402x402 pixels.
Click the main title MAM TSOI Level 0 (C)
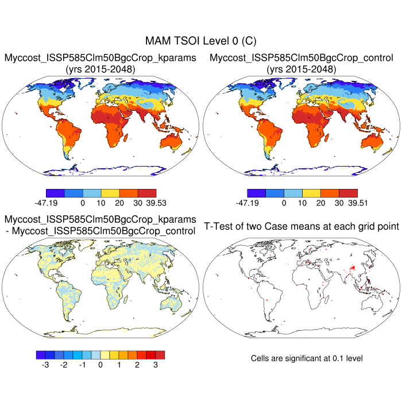point(200,41)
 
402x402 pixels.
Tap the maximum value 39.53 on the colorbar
point(145,203)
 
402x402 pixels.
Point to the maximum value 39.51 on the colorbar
point(346,203)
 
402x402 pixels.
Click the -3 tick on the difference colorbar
point(45,365)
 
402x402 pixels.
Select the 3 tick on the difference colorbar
point(155,365)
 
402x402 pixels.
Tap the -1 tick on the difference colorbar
point(82,365)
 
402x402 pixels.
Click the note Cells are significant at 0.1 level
point(307,358)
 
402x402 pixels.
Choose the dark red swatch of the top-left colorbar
point(147,192)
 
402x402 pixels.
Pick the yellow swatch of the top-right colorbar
point(311,192)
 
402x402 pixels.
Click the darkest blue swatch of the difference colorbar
point(40,354)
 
